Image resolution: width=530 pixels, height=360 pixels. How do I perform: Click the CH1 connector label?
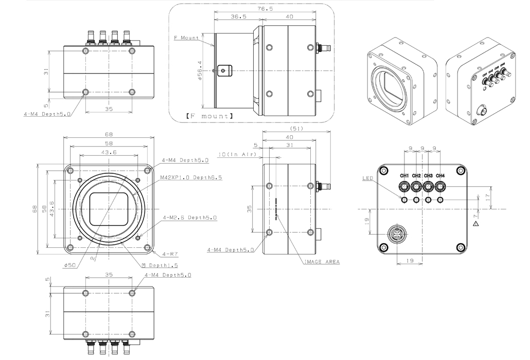404,176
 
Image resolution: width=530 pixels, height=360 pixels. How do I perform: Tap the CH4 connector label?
440,176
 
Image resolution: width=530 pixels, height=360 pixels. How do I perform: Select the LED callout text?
367,178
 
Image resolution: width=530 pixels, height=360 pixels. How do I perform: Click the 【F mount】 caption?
209,116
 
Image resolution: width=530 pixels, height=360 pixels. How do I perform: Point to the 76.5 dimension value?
265,9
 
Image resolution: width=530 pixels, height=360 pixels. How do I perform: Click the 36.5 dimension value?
237,16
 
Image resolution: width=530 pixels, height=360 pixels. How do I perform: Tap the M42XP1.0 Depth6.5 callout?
191,177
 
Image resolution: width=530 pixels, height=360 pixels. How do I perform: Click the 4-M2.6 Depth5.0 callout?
191,218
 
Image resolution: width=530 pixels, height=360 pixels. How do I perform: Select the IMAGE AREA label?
322,262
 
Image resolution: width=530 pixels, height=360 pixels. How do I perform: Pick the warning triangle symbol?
476,224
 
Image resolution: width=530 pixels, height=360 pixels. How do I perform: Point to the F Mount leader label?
186,38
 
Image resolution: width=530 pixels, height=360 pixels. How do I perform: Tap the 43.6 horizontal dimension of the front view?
109,153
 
